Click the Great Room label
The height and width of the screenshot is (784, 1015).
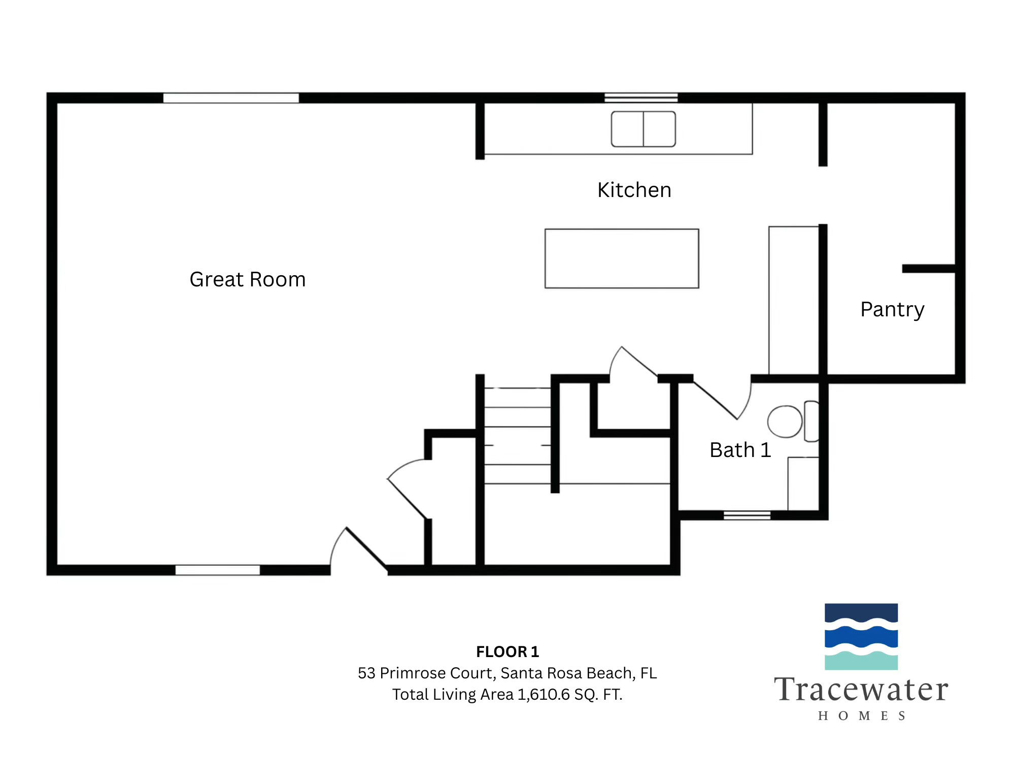248,279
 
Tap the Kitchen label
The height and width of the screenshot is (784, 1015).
634,190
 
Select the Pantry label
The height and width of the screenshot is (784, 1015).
892,309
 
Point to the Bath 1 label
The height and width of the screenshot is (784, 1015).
740,450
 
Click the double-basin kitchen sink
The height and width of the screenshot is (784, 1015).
643,129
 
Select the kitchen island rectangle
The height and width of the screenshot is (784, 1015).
622,258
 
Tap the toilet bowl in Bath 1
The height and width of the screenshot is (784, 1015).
785,421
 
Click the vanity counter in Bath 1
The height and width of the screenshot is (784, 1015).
803,483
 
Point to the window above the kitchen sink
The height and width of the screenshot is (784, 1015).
641,97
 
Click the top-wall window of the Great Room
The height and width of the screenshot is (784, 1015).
231,98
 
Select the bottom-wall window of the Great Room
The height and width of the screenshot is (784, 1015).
217,570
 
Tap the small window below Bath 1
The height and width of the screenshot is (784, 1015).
747,515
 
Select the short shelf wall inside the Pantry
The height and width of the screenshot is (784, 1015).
929,269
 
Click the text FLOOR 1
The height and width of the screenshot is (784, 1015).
507,651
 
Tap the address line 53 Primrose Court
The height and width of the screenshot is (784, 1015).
507,673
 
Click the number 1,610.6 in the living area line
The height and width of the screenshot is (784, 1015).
544,694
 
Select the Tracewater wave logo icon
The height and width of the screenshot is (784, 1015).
861,636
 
